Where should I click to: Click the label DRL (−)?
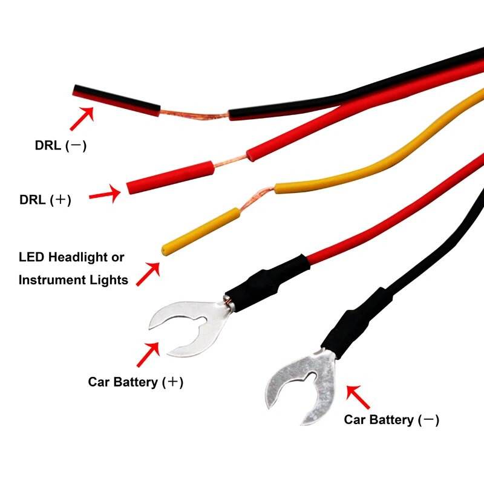point(60,146)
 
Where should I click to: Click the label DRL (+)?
point(45,200)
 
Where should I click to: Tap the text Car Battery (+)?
point(136,382)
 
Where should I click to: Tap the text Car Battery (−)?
point(391,419)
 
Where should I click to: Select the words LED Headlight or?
point(71,257)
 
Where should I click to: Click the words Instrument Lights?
point(73,280)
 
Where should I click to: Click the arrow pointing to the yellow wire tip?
point(148,273)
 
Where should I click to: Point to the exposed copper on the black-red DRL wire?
point(194,115)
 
